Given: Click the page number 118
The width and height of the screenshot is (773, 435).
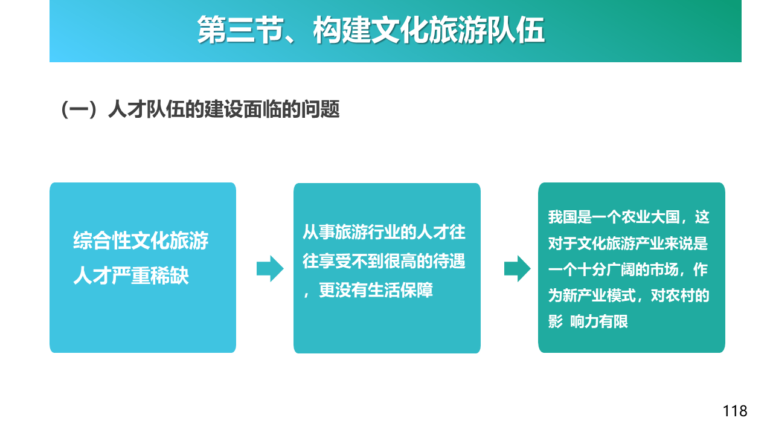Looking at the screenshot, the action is (x=735, y=411).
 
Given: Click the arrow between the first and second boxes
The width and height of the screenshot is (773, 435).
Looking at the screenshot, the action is (x=270, y=269).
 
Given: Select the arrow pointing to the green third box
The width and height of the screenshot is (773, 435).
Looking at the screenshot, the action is (x=518, y=269).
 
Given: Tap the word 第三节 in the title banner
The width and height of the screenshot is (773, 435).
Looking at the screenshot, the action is (x=240, y=30).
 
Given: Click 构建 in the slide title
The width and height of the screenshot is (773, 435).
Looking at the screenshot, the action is (x=342, y=30).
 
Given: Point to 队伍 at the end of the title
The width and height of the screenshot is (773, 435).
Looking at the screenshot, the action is (x=516, y=30).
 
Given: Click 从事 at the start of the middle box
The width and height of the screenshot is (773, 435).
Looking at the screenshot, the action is (x=318, y=232).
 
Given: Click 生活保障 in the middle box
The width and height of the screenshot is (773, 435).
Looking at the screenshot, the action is (x=400, y=290).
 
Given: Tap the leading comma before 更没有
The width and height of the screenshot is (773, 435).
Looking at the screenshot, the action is (x=306, y=294).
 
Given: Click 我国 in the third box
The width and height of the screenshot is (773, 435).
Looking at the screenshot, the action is (x=562, y=217).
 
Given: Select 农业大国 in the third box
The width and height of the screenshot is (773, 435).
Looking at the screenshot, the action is (x=650, y=217).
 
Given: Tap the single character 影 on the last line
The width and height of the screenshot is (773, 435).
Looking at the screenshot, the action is (x=555, y=322).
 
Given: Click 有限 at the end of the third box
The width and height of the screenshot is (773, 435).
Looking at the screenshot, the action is (x=614, y=322).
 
